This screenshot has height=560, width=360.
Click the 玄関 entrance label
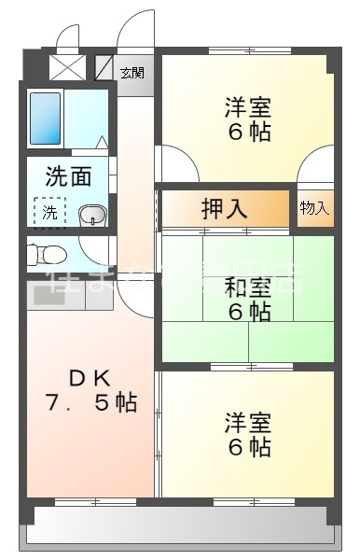click(x=132, y=73)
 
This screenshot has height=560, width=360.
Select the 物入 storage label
click(x=314, y=208)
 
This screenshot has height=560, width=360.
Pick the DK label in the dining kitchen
click(x=90, y=378)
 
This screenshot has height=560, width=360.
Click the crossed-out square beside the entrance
click(x=66, y=67)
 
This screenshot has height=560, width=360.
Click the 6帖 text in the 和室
click(x=248, y=312)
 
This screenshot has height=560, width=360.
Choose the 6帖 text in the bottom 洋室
click(x=248, y=447)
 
